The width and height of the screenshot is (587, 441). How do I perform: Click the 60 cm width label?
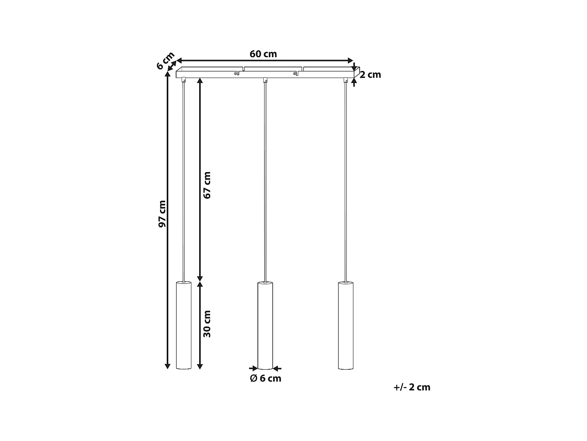tap(263, 54)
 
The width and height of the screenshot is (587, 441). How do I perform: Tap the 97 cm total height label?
tap(162, 214)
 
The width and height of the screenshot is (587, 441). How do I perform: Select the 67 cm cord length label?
tap(207, 185)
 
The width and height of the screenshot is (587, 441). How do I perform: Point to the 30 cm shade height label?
tap(207, 323)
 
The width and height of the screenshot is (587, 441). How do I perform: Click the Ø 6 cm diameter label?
tap(265, 379)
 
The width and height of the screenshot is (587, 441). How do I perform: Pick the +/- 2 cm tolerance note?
tap(412, 387)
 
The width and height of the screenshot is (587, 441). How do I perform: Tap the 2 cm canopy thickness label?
tap(370, 74)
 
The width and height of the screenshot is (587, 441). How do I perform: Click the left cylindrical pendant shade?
tap(183, 325)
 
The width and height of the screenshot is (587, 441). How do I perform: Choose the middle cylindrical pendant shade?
tap(265, 325)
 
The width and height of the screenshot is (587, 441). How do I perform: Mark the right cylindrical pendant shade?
tap(345, 325)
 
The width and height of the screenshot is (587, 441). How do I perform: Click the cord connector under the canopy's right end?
tap(346, 80)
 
